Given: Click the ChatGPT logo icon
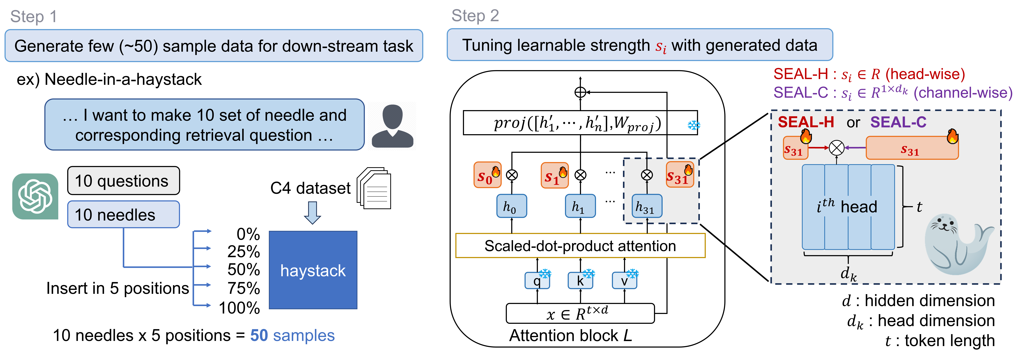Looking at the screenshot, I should (x=35, y=196).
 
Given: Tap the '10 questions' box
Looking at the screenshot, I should (x=123, y=181).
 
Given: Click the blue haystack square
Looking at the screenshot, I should (x=313, y=270).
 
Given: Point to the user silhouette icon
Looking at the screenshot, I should (x=392, y=126).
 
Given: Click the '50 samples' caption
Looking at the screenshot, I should (x=292, y=335).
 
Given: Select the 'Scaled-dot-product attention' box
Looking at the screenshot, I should (x=580, y=246).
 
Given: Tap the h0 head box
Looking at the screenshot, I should (x=511, y=206).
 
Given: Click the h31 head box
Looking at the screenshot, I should (x=647, y=206).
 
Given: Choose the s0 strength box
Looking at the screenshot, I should (x=487, y=175).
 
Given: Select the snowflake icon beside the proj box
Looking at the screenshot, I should (x=693, y=125).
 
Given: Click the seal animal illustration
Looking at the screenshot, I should (x=956, y=244).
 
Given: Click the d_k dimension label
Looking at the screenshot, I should (x=848, y=274).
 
